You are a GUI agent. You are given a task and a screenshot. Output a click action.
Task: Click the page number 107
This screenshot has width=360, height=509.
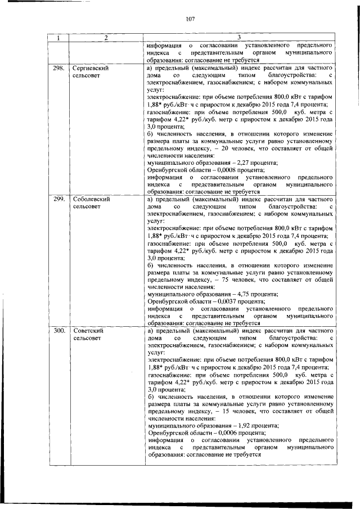point(190,19)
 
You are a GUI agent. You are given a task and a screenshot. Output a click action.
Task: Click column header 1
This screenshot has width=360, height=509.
point(58,38)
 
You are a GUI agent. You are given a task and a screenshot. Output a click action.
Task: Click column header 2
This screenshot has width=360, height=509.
point(104,38)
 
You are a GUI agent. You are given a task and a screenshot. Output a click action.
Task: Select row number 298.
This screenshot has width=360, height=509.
point(58,67)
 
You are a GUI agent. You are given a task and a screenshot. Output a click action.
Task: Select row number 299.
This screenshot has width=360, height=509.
point(58,199)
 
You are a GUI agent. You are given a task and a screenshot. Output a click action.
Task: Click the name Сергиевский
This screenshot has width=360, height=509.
point(91,67)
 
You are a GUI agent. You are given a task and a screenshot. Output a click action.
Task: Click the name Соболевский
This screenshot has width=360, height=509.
point(91,199)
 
